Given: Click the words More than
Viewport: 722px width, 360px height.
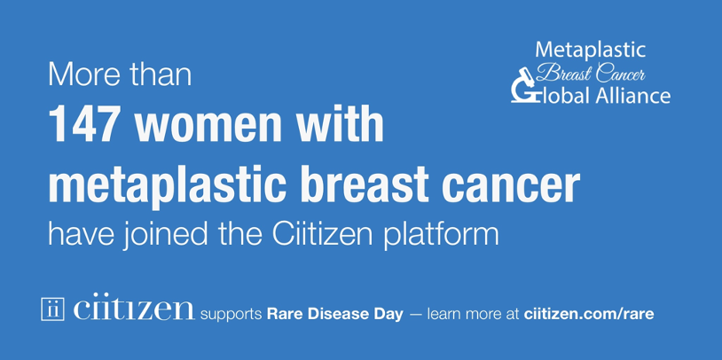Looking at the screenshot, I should [x=119, y=74].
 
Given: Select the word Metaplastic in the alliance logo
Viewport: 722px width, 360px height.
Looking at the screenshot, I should [x=592, y=50].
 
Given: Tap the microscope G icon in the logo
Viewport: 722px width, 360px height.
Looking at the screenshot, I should [x=522, y=88].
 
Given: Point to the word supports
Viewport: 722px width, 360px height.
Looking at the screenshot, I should [x=232, y=314].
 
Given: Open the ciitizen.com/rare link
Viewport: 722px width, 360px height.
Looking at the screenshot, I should [x=589, y=314].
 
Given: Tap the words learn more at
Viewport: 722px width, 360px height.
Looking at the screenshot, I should [x=475, y=314].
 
